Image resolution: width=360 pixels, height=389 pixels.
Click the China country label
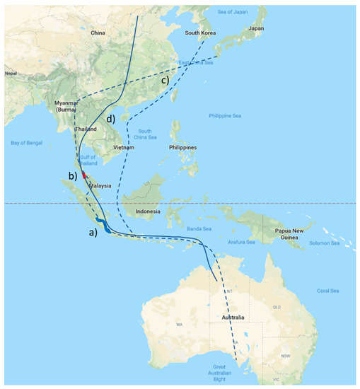pyautogui.click(x=98, y=33)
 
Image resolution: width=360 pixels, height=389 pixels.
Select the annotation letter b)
pyautogui.click(x=72, y=175)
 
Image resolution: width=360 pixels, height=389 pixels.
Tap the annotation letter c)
pyautogui.click(x=165, y=80)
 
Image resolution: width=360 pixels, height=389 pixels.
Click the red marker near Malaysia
pyautogui.click(x=85, y=174)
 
